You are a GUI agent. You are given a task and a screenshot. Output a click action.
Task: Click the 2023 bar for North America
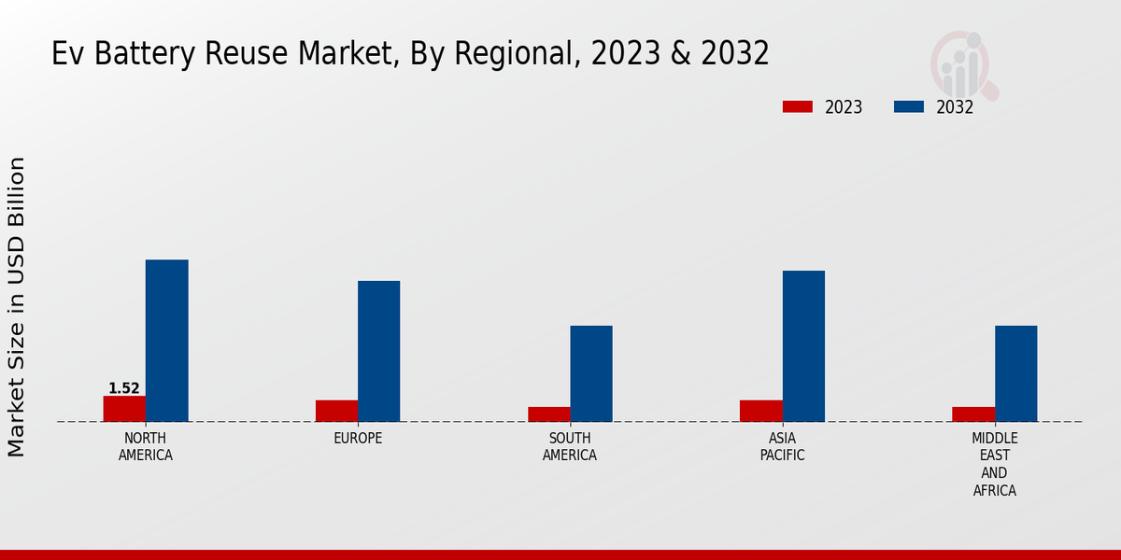124,409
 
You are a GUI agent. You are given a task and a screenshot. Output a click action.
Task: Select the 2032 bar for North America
166,341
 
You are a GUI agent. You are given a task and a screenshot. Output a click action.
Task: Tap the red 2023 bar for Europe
336,411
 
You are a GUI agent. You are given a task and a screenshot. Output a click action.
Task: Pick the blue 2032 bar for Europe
378,351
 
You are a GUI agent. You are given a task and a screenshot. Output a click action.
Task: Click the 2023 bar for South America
548,414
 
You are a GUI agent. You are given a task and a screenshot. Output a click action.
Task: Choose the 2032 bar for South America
591,373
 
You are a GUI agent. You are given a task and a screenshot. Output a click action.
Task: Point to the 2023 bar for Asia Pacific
760,411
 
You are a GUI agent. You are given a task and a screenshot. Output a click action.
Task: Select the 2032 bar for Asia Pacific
803,346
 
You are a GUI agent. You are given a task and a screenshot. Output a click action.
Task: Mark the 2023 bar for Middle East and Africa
973,414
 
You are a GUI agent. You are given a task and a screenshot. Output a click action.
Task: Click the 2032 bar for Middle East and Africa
1015,373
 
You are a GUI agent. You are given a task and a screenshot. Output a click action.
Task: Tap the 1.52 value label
124,388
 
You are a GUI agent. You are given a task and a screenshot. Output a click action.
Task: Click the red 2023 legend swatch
797,106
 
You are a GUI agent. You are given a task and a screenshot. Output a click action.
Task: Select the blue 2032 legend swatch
908,106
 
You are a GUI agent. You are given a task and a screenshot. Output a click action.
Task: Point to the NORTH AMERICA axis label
146,447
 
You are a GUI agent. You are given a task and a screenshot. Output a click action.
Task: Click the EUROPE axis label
358,439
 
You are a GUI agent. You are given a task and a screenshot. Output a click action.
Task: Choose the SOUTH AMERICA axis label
570,447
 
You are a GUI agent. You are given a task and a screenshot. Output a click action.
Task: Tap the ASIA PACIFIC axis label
782,447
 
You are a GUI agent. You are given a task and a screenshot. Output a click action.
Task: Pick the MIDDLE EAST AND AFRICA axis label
995,464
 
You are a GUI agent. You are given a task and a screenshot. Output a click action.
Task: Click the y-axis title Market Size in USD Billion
17,306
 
